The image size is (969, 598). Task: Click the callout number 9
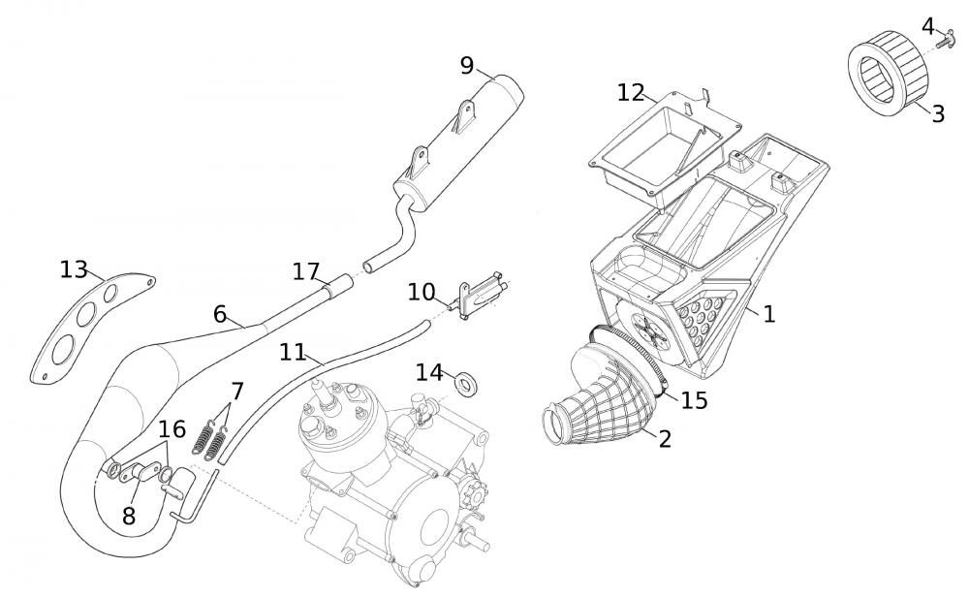[x=467, y=66]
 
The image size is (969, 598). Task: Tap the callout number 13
[x=74, y=269]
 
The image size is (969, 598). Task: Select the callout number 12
[x=631, y=92]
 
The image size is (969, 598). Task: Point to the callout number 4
[x=928, y=26]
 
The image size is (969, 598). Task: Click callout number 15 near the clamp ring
[x=694, y=400]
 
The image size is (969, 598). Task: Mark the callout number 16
[x=171, y=429]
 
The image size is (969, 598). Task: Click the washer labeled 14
[x=469, y=381]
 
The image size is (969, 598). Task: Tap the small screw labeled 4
[x=953, y=40]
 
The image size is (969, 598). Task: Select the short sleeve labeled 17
[x=334, y=288]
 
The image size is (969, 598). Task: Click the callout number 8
[x=129, y=516]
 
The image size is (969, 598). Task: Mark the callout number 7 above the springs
[x=236, y=392]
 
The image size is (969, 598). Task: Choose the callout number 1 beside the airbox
[x=768, y=314]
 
